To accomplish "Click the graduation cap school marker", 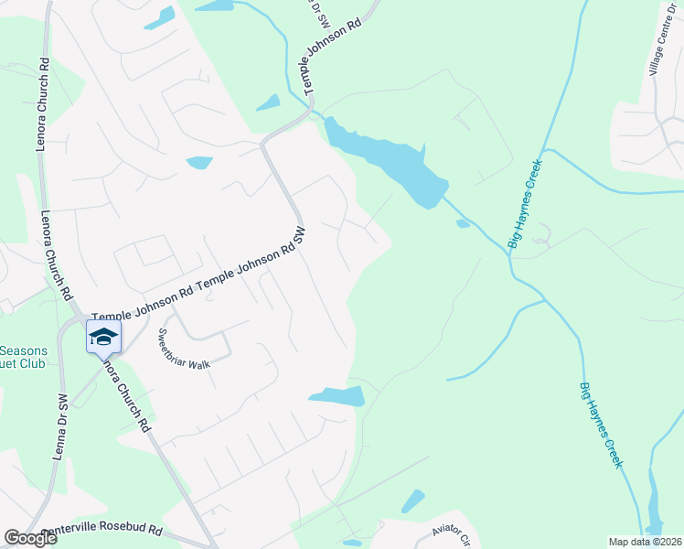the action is (x=103, y=336).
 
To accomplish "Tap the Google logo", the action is (x=31, y=538).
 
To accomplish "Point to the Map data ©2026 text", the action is (x=645, y=542).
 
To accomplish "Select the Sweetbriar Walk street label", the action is (x=184, y=349).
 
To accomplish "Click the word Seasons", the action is (x=29, y=350).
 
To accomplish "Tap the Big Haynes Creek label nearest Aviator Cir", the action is (x=601, y=425).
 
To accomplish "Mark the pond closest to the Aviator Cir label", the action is (x=412, y=501).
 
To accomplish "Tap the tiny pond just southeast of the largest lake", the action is (x=463, y=222).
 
